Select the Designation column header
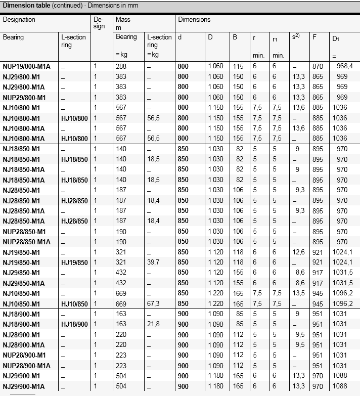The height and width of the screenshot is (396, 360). pos(19,20)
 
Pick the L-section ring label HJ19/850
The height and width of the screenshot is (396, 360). pos(74,262)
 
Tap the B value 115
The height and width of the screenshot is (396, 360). pos(238,66)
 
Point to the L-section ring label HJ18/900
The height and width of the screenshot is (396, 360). pos(74,325)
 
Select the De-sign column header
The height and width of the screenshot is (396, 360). pos(99,23)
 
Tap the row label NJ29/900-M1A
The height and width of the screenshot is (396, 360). pos(24,386)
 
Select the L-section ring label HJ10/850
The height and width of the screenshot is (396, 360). pos(74,304)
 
